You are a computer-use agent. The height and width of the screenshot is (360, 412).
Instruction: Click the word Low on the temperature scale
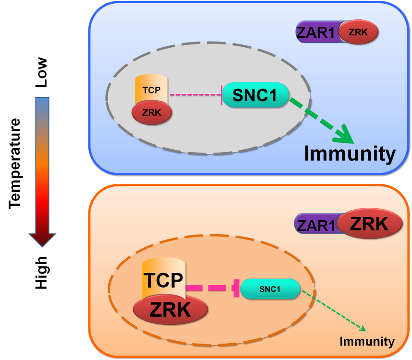click(42, 72)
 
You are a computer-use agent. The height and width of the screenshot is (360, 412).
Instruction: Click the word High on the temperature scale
click(42, 272)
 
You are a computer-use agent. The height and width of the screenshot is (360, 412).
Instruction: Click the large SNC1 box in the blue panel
click(255, 95)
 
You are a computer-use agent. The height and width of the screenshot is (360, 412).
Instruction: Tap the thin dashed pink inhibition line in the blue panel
click(195, 95)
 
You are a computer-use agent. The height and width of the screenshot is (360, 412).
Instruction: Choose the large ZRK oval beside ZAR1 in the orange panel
click(368, 224)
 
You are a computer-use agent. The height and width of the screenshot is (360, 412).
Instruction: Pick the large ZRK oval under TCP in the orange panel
click(170, 309)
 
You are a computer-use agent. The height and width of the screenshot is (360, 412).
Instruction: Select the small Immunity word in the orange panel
click(366, 341)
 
